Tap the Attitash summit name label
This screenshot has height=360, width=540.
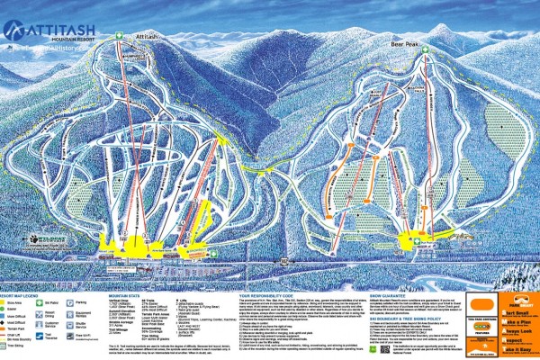coord(146,37)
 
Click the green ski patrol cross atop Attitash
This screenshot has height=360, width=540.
coord(121,35)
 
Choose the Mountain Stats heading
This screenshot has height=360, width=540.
coord(127,295)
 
